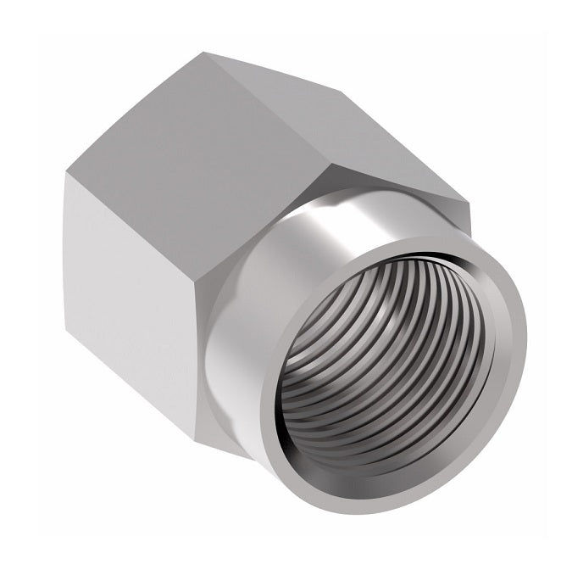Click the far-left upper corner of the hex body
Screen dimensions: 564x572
click(67, 173)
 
